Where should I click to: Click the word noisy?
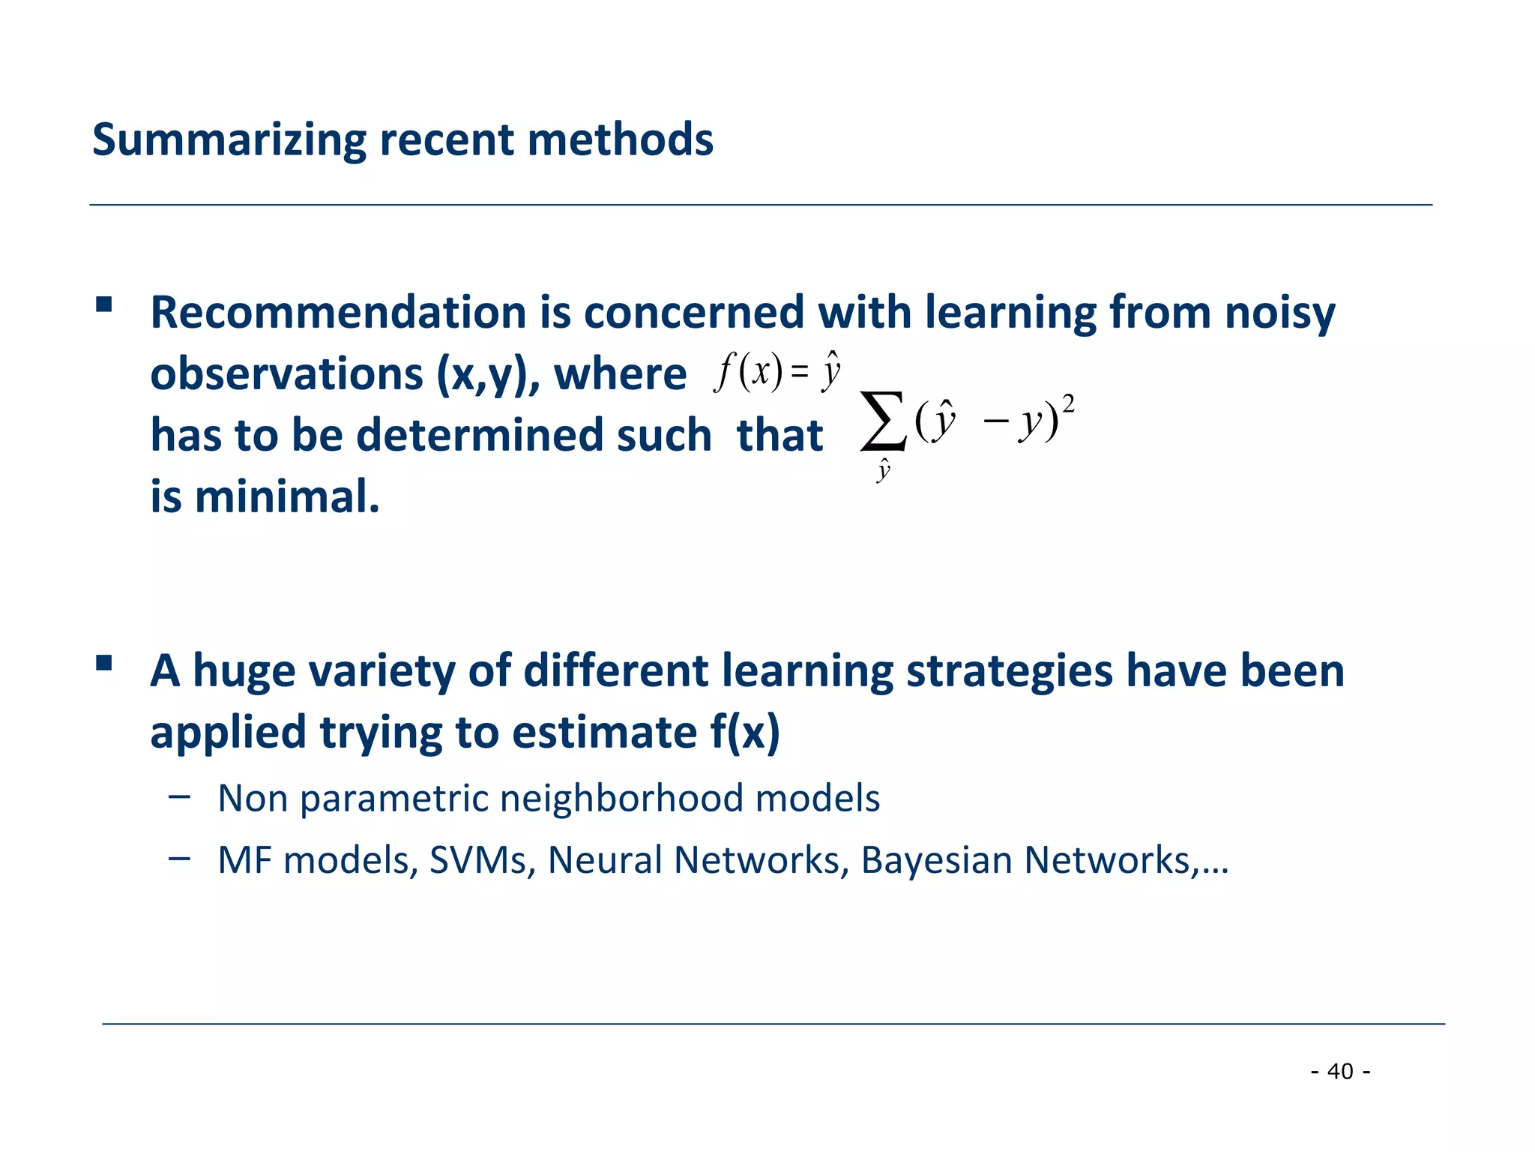tap(1279, 313)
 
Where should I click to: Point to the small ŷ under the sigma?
tap(884, 470)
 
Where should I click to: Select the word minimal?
tap(287, 497)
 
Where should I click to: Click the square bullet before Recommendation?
tap(104, 304)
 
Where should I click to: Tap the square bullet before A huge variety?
tap(104, 663)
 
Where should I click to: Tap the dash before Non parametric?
tap(179, 796)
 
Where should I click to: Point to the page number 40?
tap(1340, 1071)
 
